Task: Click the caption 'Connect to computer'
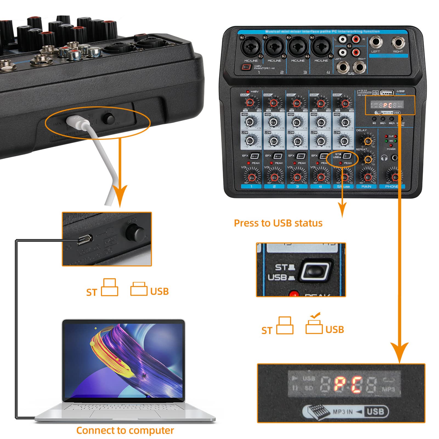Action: coord(125,430)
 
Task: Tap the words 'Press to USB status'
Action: coord(278,223)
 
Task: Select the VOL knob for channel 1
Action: coord(251,176)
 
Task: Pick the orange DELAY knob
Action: coord(368,141)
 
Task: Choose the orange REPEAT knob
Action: coord(368,159)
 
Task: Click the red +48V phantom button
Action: coord(246,67)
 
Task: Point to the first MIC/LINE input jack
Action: coord(251,47)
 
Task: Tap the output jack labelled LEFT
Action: coord(375,43)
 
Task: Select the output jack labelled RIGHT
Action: coord(398,43)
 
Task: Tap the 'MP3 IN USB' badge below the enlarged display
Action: coord(345,411)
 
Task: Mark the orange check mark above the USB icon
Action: coord(315,315)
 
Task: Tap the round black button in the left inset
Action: coord(134,233)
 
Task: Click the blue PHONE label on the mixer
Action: coord(392,186)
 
